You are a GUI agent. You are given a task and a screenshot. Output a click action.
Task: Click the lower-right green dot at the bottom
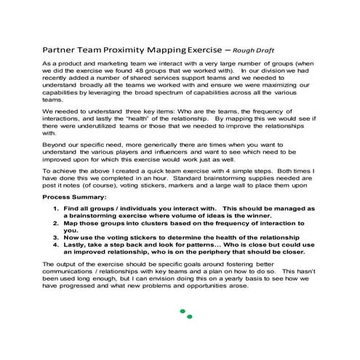click(x=190, y=317)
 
